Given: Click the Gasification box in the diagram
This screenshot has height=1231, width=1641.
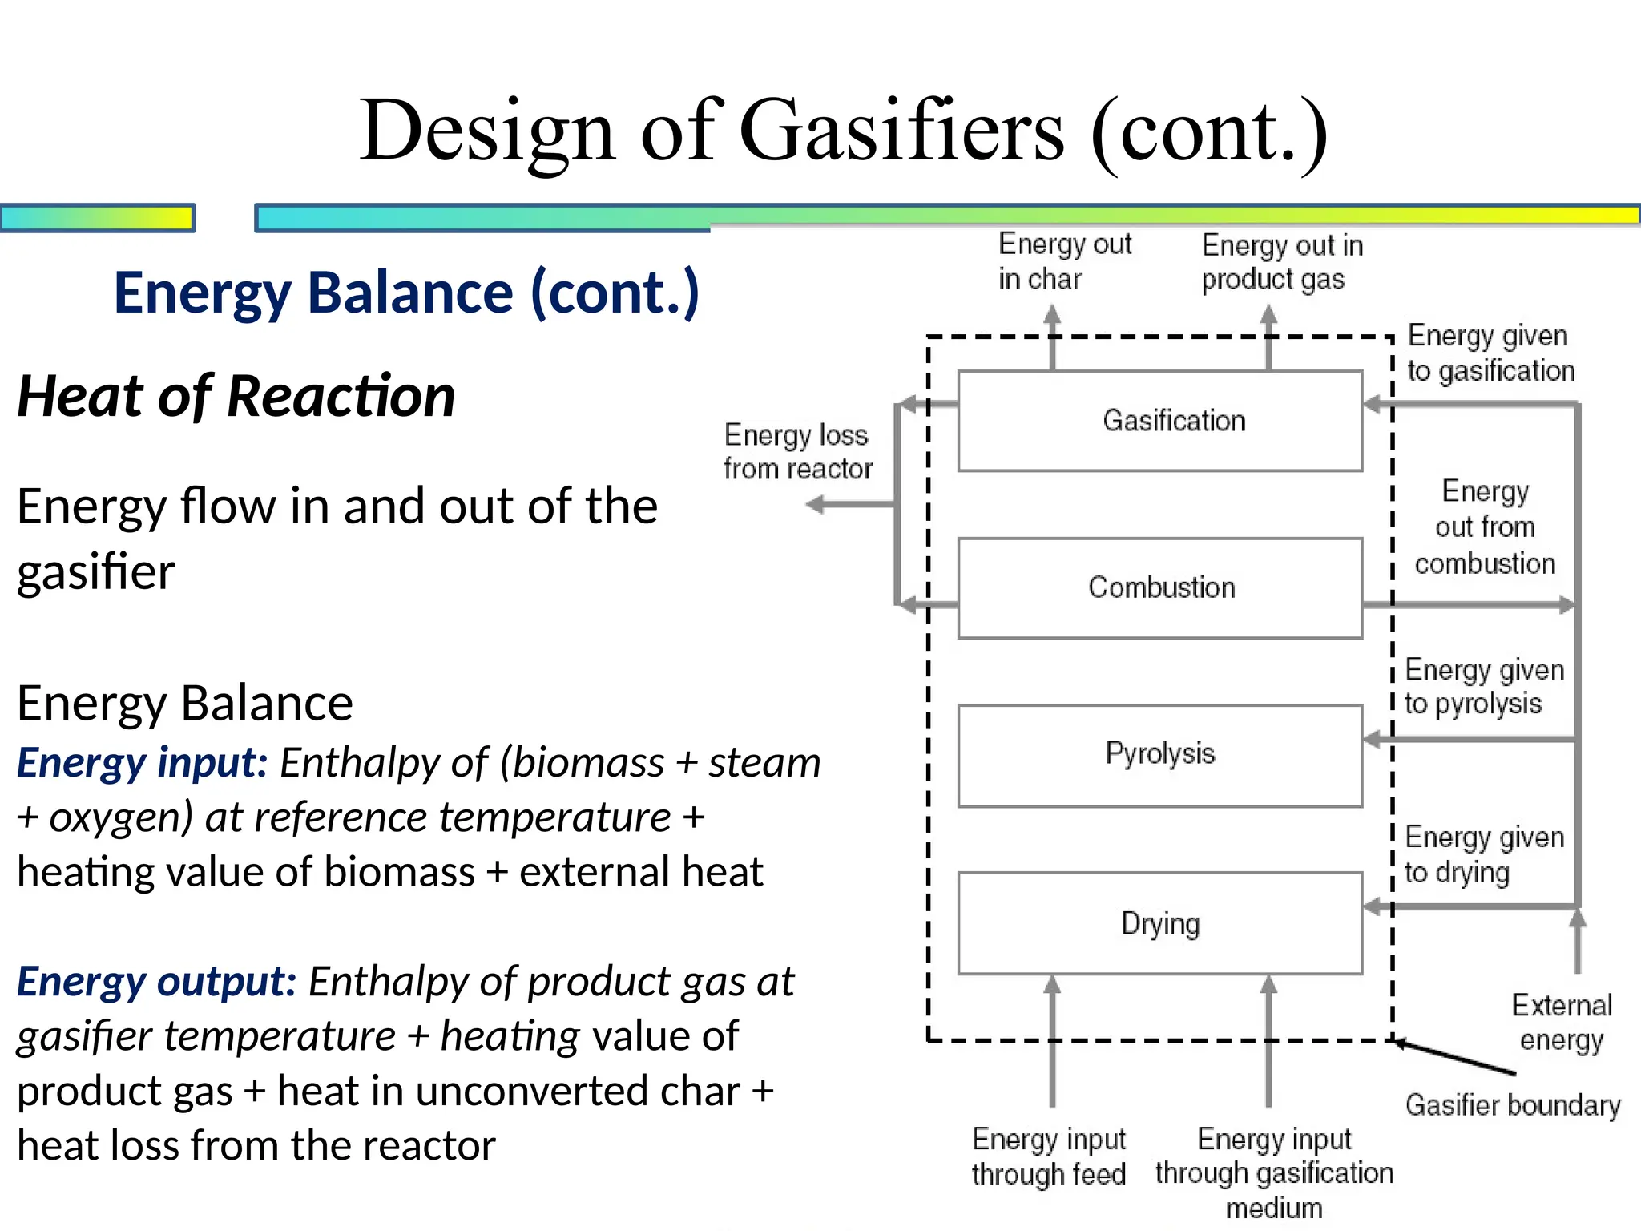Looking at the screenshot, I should point(1159,421).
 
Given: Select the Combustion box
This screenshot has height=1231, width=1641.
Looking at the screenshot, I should point(1159,587).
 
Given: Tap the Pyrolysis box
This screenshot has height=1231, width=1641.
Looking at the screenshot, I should point(1159,754).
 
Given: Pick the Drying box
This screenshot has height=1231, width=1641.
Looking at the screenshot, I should point(1159,923).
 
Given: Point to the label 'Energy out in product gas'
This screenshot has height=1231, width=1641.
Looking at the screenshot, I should point(1280,262).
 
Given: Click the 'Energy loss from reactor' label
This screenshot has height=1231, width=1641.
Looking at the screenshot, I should point(796,451).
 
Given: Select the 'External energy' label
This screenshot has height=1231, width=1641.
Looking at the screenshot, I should point(1561,1022).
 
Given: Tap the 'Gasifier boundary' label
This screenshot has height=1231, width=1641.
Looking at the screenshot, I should point(1512,1105).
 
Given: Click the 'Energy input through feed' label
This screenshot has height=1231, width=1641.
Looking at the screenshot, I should point(1048,1156).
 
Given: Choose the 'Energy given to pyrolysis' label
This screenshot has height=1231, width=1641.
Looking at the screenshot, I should point(1483,686).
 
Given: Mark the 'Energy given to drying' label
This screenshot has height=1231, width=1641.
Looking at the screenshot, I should point(1483,854).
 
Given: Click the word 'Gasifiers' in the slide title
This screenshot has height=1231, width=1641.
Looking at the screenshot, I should point(901,131).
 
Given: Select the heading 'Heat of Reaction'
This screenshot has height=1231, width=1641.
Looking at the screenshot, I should point(236,396).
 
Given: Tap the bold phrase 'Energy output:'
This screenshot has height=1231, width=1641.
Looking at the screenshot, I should point(157,981).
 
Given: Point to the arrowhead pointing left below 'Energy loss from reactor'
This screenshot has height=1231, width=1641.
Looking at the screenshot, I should point(816,504).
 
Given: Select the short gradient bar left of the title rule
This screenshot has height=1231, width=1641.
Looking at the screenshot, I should point(98,218).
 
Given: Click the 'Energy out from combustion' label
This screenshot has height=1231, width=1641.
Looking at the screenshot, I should point(1484,527).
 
